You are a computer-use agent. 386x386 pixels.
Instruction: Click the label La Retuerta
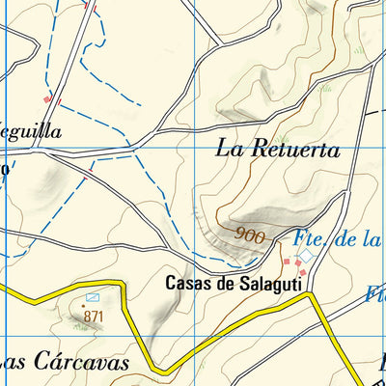pyautogui.click(x=277, y=150)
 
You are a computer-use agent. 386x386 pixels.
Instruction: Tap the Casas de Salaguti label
pyautogui.click(x=234, y=283)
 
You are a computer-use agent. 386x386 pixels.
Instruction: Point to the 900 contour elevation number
pyautogui.click(x=249, y=234)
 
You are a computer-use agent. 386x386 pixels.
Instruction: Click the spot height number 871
pyautogui.click(x=93, y=316)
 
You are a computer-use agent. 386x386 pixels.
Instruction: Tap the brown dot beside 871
pyautogui.click(x=83, y=307)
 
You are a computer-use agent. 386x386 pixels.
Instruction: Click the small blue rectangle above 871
pyautogui.click(x=93, y=298)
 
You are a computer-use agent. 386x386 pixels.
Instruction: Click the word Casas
pyautogui.click(x=186, y=283)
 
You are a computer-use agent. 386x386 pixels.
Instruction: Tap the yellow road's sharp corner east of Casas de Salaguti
pyautogui.click(x=315, y=297)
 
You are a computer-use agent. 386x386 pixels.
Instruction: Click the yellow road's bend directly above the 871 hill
pyautogui.click(x=124, y=283)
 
